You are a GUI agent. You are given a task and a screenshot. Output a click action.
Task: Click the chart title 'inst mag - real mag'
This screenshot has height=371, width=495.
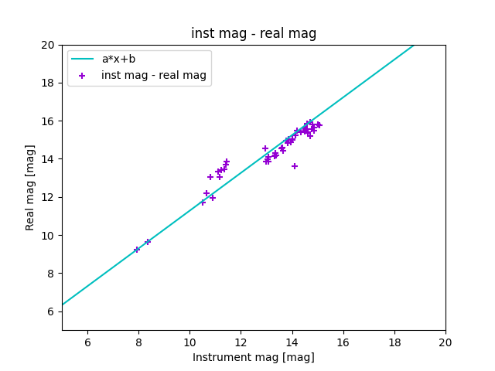click(x=254, y=33)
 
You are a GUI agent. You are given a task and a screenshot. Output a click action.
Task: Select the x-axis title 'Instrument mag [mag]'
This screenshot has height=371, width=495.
click(x=254, y=357)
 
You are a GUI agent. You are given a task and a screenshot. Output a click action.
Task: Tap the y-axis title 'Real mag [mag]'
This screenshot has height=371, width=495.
click(x=30, y=187)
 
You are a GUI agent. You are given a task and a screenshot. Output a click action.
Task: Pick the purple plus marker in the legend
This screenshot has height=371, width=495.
click(x=83, y=76)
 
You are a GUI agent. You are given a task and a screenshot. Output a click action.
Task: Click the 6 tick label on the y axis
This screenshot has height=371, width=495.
click(x=50, y=311)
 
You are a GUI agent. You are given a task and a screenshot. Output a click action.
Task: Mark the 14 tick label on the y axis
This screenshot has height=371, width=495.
click(x=48, y=159)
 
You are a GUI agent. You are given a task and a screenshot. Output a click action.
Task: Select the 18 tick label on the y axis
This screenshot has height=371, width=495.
click(x=48, y=83)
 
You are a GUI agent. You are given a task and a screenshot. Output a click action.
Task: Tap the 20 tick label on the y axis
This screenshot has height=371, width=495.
click(x=48, y=45)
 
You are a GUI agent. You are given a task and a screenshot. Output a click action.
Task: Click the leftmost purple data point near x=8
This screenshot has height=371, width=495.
click(x=137, y=250)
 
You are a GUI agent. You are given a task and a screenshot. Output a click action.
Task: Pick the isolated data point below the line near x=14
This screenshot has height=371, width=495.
click(x=295, y=166)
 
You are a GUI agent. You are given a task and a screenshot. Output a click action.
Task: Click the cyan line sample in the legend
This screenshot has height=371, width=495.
click(x=83, y=59)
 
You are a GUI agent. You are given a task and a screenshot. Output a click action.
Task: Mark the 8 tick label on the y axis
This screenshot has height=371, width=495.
click(x=50, y=274)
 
